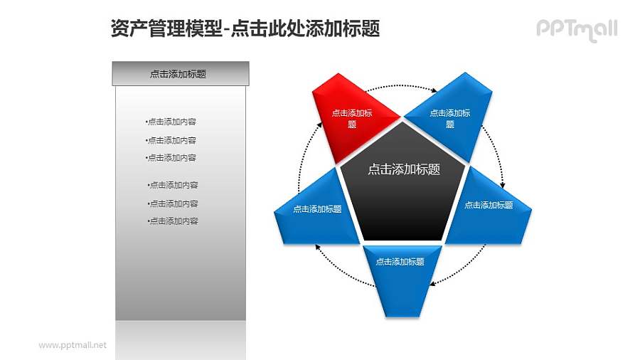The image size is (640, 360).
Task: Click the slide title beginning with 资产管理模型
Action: [245, 28]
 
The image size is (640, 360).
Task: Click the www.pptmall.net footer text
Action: [73, 345]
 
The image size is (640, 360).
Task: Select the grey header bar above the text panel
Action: [181, 73]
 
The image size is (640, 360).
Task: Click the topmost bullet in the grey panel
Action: [171, 122]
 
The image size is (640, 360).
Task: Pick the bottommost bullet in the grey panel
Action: [173, 221]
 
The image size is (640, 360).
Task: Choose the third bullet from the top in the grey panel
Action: [171, 158]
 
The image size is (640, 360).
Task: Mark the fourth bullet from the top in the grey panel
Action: [173, 185]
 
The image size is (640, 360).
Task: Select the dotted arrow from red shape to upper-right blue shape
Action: [402, 85]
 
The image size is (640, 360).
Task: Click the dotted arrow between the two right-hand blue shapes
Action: [496, 153]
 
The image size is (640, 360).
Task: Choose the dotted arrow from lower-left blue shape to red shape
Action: [307, 153]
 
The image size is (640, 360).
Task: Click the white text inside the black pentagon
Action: [403, 169]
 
